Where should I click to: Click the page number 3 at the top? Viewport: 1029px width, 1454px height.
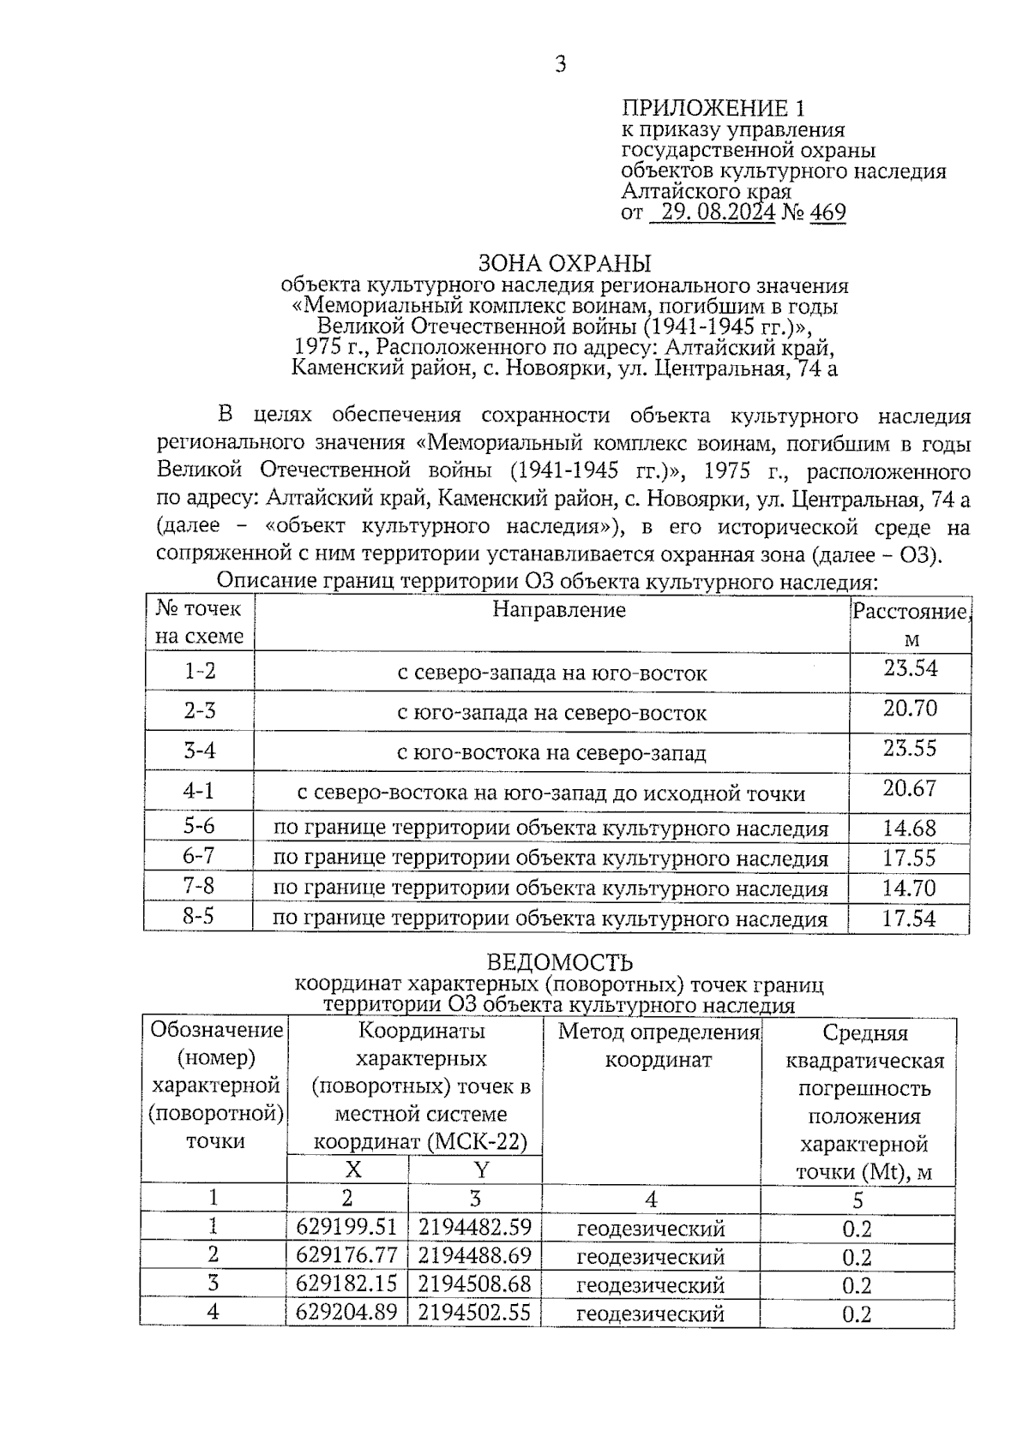point(560,65)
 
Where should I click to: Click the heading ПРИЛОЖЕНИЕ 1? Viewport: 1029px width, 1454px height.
point(713,109)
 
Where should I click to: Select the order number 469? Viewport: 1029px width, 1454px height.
point(827,212)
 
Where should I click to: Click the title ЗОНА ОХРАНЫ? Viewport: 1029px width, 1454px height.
point(564,263)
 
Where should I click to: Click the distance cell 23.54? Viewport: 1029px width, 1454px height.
point(911,668)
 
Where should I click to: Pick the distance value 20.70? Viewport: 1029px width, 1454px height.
point(911,709)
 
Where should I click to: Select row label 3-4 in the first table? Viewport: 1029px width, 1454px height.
point(199,751)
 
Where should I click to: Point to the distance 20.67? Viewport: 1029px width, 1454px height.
point(910,788)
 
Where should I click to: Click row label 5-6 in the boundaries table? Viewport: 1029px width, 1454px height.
point(199,826)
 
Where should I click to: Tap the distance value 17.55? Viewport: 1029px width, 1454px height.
point(909,858)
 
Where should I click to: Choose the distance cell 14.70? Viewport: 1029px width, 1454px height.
point(909,889)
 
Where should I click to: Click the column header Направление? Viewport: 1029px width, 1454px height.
point(559,610)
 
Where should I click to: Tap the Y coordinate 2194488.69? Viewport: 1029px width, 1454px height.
point(475,1256)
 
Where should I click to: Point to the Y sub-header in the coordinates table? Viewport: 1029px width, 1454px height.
point(481,1170)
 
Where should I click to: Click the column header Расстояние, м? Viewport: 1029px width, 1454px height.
point(911,624)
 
